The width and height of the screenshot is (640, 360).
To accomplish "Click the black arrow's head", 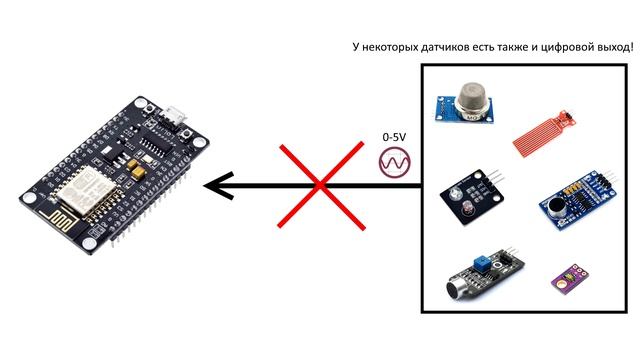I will (215, 185).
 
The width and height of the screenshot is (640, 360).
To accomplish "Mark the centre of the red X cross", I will (319, 184).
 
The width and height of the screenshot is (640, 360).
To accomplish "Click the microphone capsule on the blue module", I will (552, 205).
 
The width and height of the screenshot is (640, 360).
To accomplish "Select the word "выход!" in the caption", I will (612, 47).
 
